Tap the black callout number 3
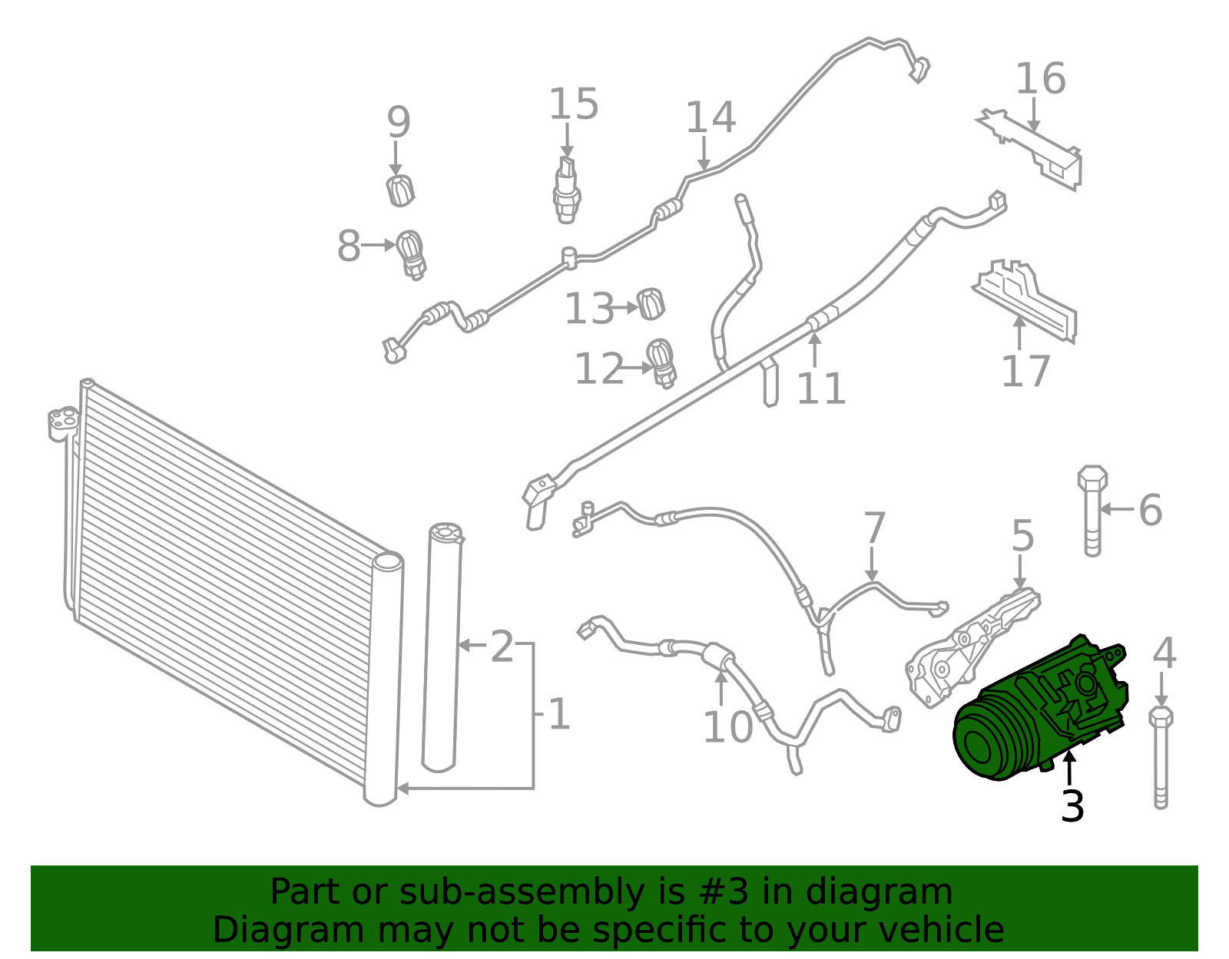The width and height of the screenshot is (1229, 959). click(1072, 806)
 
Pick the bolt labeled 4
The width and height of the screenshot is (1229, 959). click(1161, 757)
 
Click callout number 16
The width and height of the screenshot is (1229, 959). click(1041, 78)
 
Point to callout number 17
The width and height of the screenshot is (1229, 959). click(1025, 372)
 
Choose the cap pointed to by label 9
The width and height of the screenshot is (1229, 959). click(400, 190)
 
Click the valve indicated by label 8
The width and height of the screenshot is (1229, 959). click(411, 254)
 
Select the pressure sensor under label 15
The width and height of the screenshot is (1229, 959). click(566, 190)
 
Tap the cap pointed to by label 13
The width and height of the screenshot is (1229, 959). click(651, 304)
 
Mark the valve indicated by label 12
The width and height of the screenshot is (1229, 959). click(661, 363)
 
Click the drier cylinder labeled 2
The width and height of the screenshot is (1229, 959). click(442, 647)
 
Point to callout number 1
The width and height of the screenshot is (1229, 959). click(558, 714)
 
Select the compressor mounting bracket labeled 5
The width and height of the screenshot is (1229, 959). click(972, 649)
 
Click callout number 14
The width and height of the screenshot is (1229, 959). click(711, 117)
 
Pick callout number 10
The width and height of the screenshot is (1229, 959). click(727, 727)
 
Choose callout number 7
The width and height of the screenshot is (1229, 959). click(874, 528)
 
